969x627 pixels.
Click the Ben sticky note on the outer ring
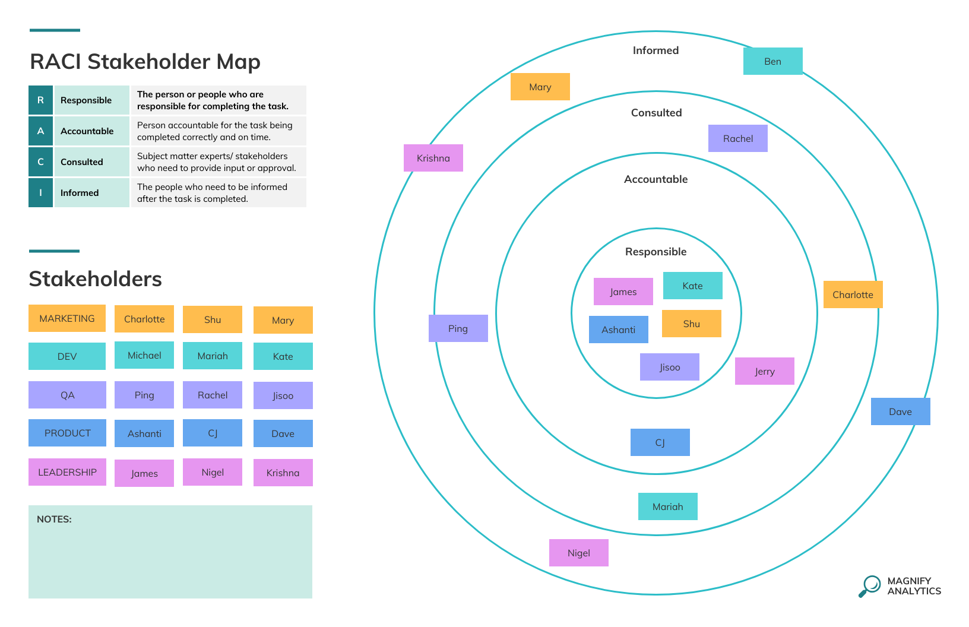pos(772,61)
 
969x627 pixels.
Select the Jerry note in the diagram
pos(764,371)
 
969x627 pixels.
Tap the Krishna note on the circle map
pos(433,158)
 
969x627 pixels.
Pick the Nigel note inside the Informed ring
pos(578,553)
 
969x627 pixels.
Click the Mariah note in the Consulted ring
pos(667,506)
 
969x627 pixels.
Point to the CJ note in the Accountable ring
pos(660,442)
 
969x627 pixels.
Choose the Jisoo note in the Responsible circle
pos(669,367)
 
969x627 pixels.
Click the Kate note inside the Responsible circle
pos(692,286)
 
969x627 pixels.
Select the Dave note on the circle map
pos(900,411)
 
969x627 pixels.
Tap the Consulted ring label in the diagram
pos(656,113)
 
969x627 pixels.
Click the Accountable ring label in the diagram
pos(655,179)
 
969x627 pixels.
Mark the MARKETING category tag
pos(67,318)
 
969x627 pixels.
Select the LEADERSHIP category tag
pos(67,472)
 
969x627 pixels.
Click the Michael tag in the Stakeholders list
pos(144,355)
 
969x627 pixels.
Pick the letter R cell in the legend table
pos(40,100)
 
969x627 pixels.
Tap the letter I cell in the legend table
pos(40,193)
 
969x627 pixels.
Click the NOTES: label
pos(54,519)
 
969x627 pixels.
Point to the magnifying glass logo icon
pos(870,586)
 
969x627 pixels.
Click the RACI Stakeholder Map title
pos(145,62)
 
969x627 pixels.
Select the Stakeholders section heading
pos(95,279)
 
